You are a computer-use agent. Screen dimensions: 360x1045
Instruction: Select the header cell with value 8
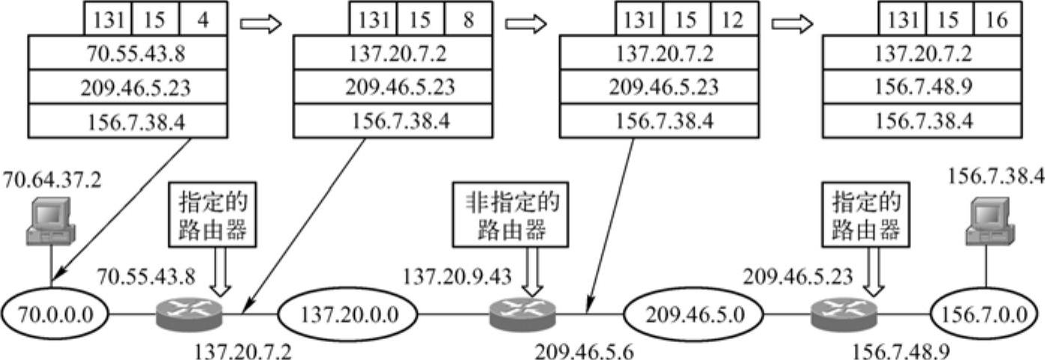(468, 19)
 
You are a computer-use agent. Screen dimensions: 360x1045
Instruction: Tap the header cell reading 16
(996, 19)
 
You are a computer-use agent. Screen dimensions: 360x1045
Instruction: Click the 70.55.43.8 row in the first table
(127, 54)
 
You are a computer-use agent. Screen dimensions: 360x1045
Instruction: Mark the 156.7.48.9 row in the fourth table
(921, 88)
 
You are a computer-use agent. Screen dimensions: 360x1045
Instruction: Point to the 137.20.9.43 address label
(456, 277)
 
